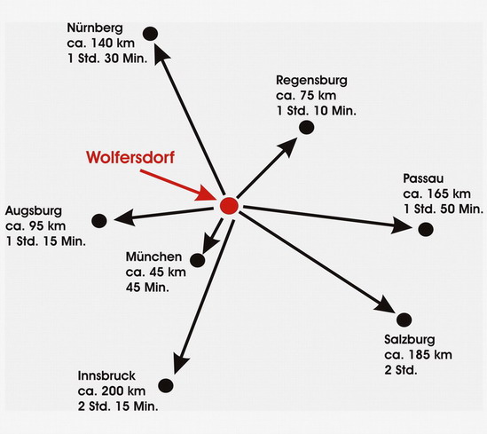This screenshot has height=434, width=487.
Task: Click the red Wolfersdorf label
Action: (x=130, y=157)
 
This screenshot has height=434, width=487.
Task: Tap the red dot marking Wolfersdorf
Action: (x=229, y=206)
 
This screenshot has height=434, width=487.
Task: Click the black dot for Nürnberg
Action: (x=150, y=34)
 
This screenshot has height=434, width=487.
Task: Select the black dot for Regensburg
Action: (x=307, y=128)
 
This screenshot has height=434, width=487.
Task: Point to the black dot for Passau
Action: (x=426, y=229)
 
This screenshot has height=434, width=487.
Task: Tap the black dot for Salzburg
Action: (x=405, y=320)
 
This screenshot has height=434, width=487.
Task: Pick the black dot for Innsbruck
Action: (x=166, y=385)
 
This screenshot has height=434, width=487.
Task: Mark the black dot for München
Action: (x=198, y=260)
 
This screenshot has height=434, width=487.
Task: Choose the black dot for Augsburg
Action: (x=99, y=221)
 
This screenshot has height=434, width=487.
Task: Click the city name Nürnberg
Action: (x=95, y=28)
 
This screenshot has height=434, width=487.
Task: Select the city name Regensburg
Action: (x=311, y=81)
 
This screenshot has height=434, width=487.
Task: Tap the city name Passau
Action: (x=423, y=178)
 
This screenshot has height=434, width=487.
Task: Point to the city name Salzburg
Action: (x=409, y=340)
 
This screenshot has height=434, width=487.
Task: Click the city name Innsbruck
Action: (x=106, y=376)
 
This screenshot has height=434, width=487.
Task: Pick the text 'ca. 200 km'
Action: (x=112, y=391)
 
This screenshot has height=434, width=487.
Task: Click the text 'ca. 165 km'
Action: (x=436, y=193)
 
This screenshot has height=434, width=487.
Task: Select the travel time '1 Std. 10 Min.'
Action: (x=316, y=111)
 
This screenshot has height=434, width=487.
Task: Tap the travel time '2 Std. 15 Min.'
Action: (x=118, y=406)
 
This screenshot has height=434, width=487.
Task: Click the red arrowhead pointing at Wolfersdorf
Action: (x=207, y=193)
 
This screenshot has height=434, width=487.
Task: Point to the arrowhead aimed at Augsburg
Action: (x=124, y=217)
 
